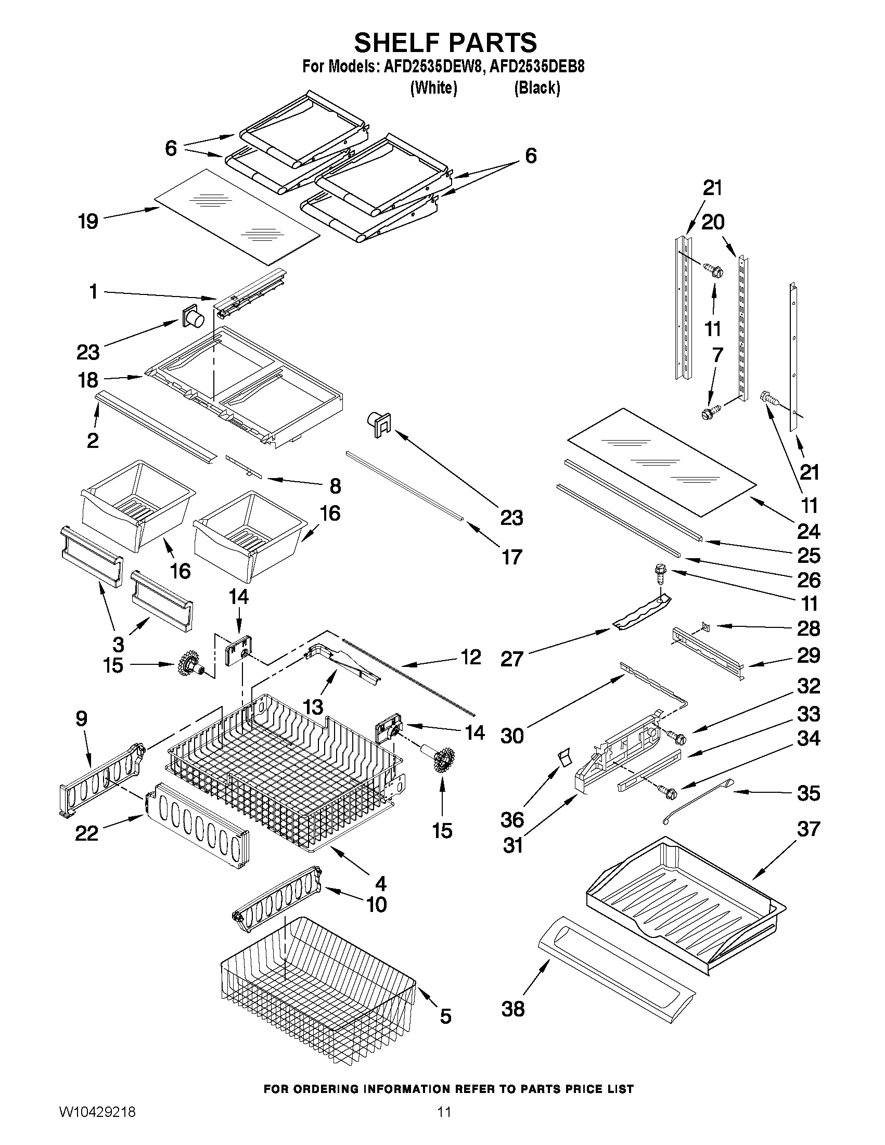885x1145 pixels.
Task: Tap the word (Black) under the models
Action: [536, 88]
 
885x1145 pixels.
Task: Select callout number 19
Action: [88, 221]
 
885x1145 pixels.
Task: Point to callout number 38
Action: [512, 1009]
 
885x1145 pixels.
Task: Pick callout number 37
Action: [808, 829]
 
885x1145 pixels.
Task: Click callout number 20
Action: [712, 222]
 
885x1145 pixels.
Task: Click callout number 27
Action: [512, 659]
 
